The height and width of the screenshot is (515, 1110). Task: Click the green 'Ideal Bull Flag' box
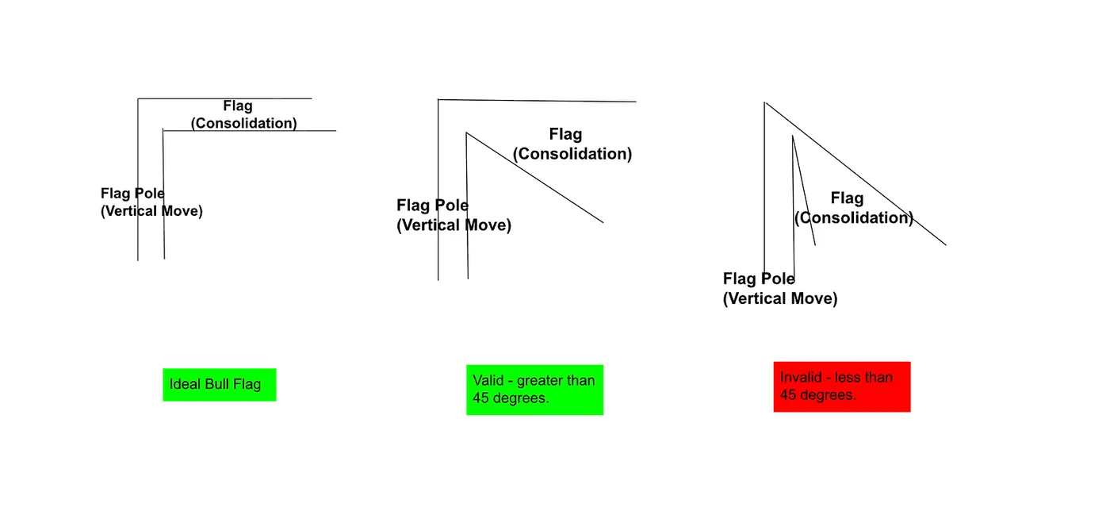pyautogui.click(x=220, y=385)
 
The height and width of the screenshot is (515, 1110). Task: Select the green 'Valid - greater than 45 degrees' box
pyautogui.click(x=534, y=390)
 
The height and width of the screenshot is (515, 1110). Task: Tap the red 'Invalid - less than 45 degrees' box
pyautogui.click(x=842, y=387)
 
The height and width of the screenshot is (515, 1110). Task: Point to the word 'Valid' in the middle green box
pyautogui.click(x=488, y=381)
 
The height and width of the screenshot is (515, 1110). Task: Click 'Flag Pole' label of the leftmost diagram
pyautogui.click(x=132, y=194)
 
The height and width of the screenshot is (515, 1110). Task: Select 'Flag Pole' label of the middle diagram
pyautogui.click(x=432, y=206)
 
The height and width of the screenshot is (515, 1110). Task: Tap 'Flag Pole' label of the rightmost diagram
pyautogui.click(x=759, y=279)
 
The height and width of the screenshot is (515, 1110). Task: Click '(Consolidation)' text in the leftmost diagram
pyautogui.click(x=244, y=123)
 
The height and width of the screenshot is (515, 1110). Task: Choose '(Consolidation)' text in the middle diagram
pyautogui.click(x=572, y=154)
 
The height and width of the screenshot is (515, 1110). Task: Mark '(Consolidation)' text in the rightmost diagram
pyautogui.click(x=854, y=217)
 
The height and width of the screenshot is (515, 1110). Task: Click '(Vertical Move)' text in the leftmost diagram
pyautogui.click(x=151, y=211)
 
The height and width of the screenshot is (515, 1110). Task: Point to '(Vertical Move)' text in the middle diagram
pyautogui.click(x=454, y=225)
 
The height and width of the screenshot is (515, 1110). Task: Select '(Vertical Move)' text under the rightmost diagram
pyautogui.click(x=780, y=298)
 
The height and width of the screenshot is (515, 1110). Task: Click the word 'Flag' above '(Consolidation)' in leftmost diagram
pyautogui.click(x=238, y=106)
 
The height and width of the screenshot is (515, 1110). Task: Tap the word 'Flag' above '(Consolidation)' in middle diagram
pyautogui.click(x=565, y=134)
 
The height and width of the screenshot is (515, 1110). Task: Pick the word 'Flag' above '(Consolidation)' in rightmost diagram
pyautogui.click(x=847, y=198)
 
